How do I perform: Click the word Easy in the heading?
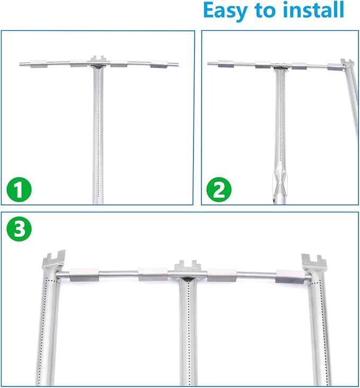pos(225,11)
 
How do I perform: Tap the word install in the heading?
pos(313,10)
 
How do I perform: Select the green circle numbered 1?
pos(19,190)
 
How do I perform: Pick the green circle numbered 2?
pos(219,189)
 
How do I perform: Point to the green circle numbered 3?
pos(19,229)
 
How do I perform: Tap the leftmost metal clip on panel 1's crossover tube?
pos(39,64)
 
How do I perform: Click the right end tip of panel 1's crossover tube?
pos(178,65)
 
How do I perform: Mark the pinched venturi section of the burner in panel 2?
pos(280,184)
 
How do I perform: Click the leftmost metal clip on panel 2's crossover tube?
pos(226,64)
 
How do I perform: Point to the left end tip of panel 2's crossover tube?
pos(208,64)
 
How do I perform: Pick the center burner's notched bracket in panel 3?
pos(188,266)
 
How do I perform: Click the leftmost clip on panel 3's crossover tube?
pos(84,274)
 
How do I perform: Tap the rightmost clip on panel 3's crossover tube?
pos(290,277)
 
